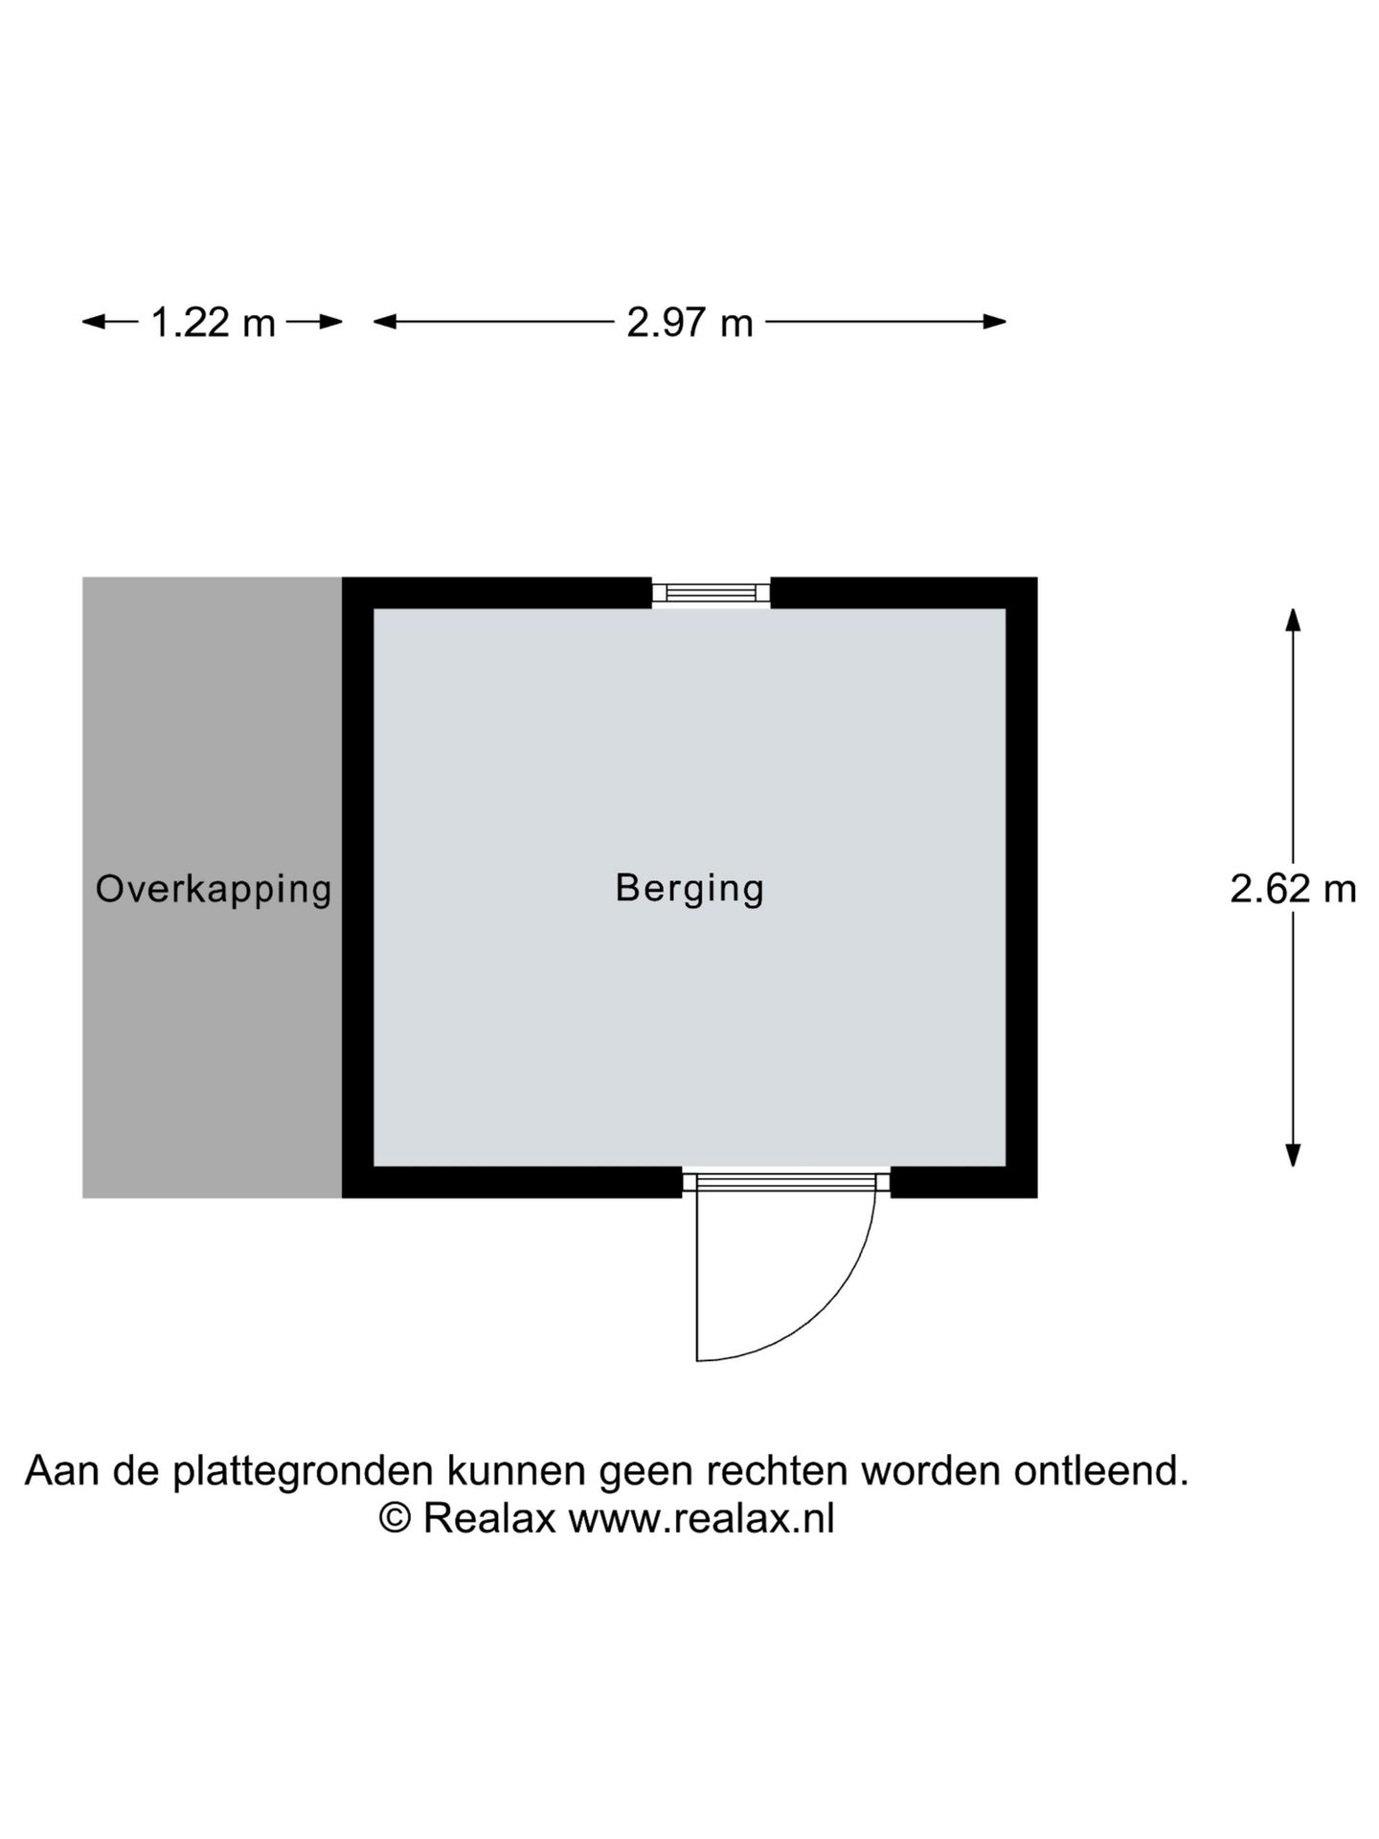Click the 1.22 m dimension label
(214, 323)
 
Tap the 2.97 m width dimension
(689, 323)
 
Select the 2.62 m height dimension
(1293, 889)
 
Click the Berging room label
(689, 889)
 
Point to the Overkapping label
(214, 889)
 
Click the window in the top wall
(711, 592)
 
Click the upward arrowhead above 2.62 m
(1293, 621)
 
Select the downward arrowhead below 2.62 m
(1293, 1154)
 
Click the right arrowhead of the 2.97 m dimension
(994, 322)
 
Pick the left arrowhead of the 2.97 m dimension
(386, 322)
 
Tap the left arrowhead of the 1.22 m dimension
(95, 322)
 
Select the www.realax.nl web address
(701, 1518)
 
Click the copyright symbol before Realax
(396, 1518)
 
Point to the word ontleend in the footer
(1101, 1470)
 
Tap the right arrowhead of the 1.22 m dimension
(330, 322)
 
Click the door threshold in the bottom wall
(786, 1182)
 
